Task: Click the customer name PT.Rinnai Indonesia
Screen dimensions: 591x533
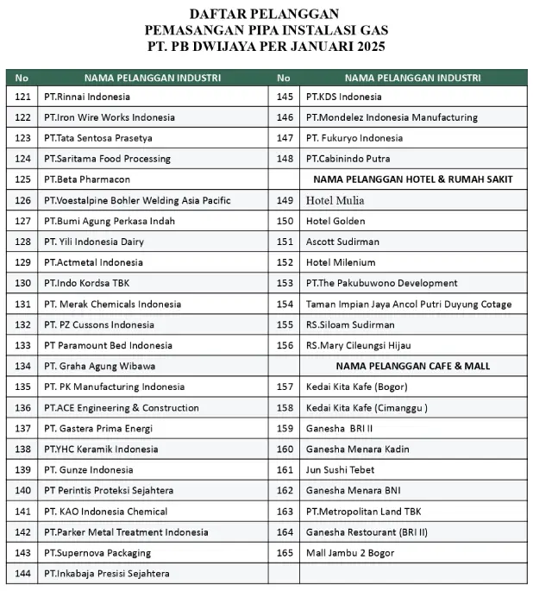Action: [87, 97]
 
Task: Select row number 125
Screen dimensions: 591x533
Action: [23, 179]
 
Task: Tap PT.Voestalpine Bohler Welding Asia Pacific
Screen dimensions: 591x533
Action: [137, 200]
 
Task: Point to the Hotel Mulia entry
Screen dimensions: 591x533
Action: [335, 200]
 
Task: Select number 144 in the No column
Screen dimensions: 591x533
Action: [23, 573]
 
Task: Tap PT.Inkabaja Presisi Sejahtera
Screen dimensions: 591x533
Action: [106, 573]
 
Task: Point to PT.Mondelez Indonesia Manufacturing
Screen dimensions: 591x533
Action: [392, 117]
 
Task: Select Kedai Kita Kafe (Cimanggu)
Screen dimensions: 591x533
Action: [367, 407]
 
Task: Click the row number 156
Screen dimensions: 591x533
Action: [285, 345]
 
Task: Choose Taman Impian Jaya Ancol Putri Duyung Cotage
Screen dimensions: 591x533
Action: [409, 304]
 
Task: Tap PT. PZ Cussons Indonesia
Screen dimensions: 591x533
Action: [99, 324]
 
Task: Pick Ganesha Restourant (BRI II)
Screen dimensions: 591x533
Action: [367, 531]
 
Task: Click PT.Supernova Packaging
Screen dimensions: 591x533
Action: [97, 552]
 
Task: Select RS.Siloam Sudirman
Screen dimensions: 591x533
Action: [350, 324]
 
